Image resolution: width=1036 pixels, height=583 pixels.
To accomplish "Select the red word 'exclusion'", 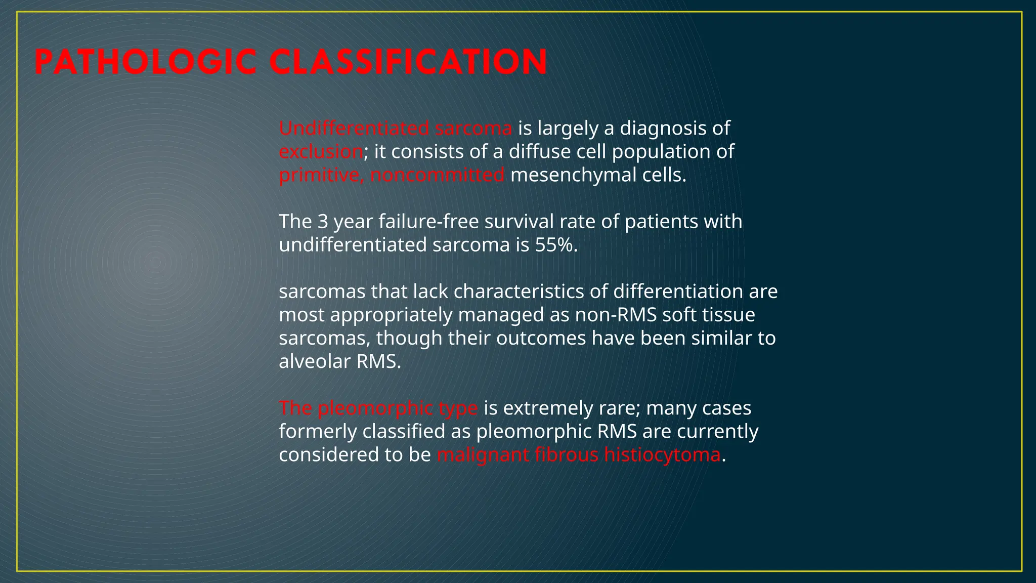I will [321, 152].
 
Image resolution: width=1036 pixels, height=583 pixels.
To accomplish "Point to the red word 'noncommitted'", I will [437, 175].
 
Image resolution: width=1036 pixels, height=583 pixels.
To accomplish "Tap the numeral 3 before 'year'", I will [323, 222].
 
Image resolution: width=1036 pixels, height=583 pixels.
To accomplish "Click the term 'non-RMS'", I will [616, 315].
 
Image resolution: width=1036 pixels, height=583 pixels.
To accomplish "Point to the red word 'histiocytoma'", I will [662, 454].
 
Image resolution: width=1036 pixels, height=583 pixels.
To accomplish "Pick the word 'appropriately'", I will [391, 315].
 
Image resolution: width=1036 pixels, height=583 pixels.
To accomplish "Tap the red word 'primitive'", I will [321, 175].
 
